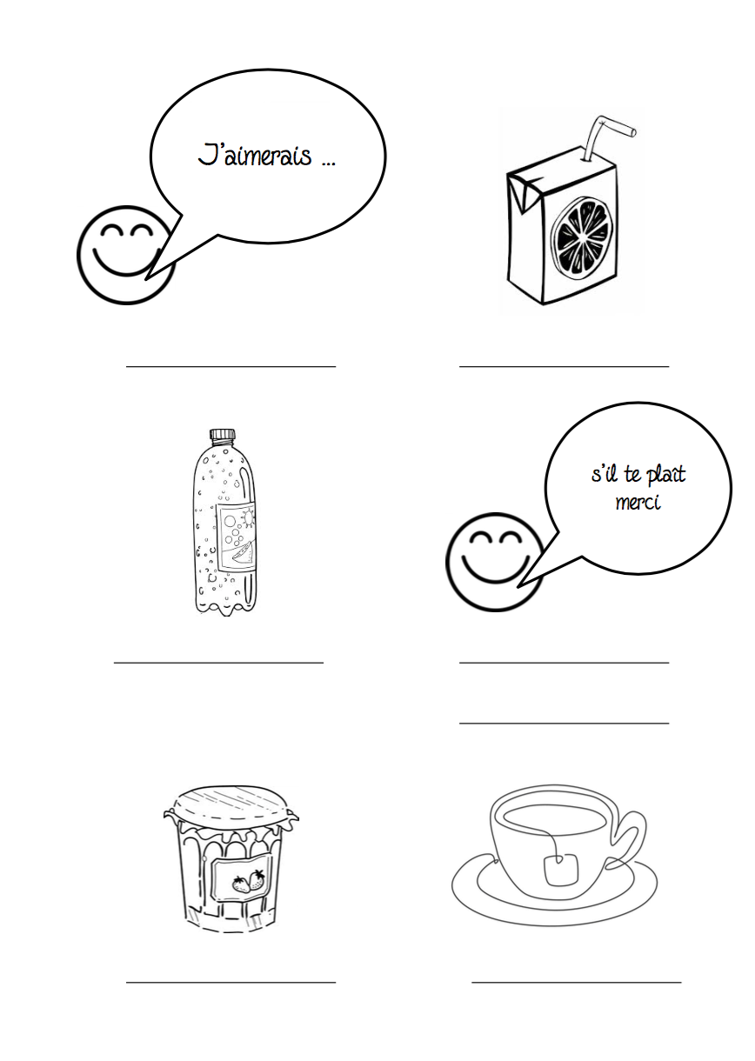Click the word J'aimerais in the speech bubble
(255, 155)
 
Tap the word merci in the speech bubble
(638, 502)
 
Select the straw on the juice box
(606, 137)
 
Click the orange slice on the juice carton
(580, 243)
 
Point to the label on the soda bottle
(236, 537)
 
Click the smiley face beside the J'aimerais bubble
(126, 255)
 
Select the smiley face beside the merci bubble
(495, 562)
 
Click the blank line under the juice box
(565, 366)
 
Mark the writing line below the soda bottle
(219, 663)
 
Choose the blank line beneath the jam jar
(231, 983)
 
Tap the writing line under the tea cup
(577, 983)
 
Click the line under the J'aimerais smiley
(231, 366)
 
